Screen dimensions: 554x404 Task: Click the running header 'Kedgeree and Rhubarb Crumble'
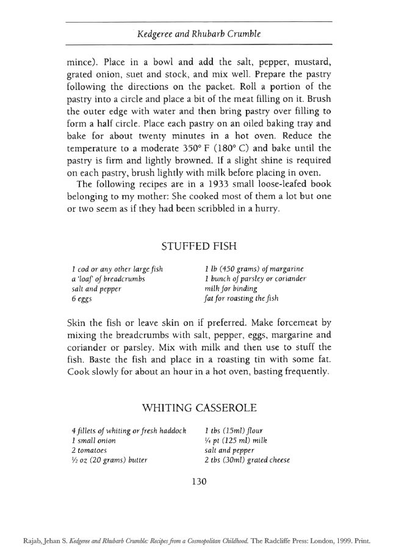click(x=199, y=34)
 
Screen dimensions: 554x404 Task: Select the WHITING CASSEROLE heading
click(x=198, y=407)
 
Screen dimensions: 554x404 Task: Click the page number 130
click(x=199, y=481)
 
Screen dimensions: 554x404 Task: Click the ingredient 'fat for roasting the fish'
click(x=242, y=299)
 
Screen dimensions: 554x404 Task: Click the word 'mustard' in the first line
click(x=312, y=62)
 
